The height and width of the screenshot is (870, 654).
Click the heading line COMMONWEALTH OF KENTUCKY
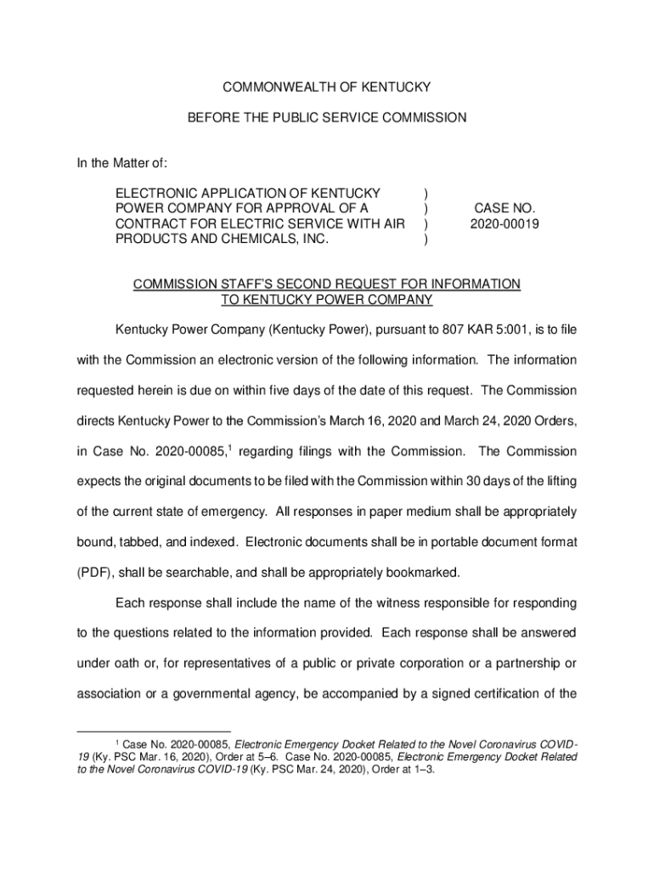tap(327, 88)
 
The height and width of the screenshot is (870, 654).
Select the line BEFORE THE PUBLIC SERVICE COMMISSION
tap(327, 118)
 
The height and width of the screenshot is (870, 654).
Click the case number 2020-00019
tap(505, 224)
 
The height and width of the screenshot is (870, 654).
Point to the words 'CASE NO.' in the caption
tap(505, 208)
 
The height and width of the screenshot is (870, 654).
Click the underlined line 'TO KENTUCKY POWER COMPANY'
tap(327, 300)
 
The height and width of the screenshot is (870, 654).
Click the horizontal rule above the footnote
tap(153, 731)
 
